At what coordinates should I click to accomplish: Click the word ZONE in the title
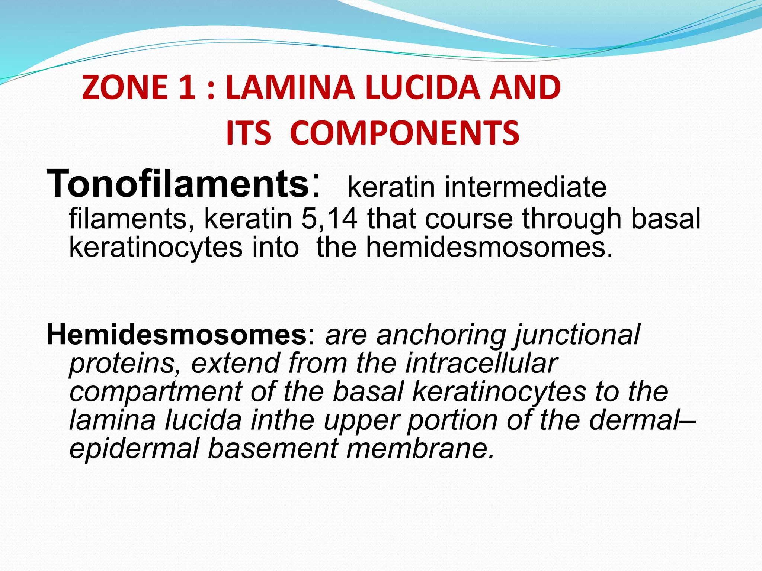pyautogui.click(x=125, y=88)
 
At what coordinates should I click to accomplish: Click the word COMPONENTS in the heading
pyautogui.click(x=404, y=133)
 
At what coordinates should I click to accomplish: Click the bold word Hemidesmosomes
pyautogui.click(x=176, y=335)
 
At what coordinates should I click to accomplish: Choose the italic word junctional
pyautogui.click(x=577, y=335)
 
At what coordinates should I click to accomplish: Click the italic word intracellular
pyautogui.click(x=481, y=363)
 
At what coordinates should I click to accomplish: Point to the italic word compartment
pyautogui.click(x=156, y=393)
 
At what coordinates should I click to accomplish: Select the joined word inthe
pyautogui.click(x=282, y=420)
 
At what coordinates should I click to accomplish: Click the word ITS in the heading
pyautogui.click(x=248, y=133)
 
